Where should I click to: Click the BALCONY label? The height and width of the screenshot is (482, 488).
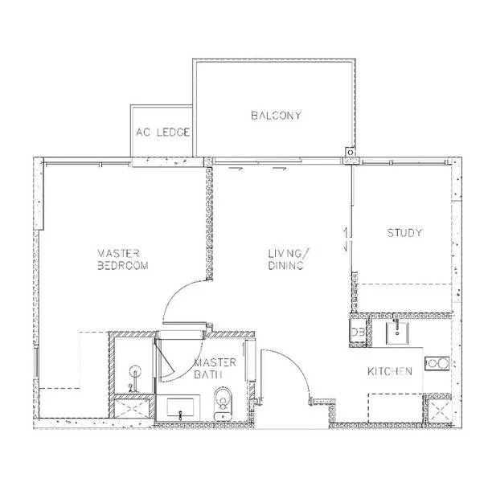(276, 116)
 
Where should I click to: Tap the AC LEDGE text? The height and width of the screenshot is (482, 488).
(163, 132)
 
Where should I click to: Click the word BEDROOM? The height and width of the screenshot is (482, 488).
(122, 266)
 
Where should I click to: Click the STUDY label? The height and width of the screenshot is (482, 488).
(404, 234)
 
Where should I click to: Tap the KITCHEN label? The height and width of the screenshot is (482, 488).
(390, 371)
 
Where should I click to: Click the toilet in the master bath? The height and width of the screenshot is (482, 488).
(223, 398)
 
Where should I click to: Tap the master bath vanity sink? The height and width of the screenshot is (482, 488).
(183, 406)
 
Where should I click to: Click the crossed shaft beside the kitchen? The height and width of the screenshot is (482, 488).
(439, 412)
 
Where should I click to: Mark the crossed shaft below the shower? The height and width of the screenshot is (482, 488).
(134, 408)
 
